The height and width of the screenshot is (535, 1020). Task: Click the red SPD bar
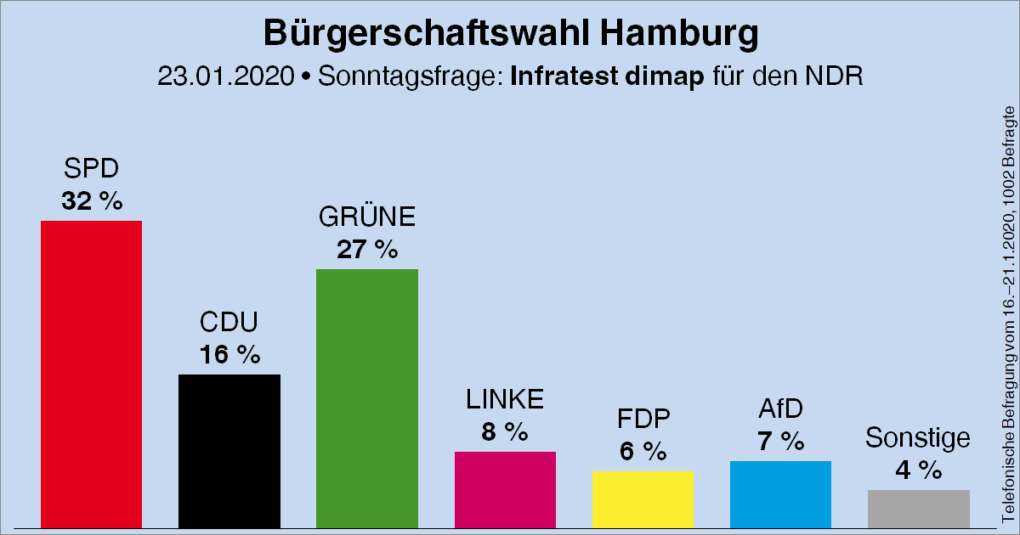92,374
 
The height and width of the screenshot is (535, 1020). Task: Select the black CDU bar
229,450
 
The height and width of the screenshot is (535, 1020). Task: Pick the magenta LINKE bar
505,488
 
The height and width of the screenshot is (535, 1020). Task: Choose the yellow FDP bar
643,498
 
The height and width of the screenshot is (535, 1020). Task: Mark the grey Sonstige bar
918,508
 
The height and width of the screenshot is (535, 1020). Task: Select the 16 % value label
229,355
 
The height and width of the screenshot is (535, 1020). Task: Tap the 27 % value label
367,250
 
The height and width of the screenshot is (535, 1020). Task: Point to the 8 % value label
505,432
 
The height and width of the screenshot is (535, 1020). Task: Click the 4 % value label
918,470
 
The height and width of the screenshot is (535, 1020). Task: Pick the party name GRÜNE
367,218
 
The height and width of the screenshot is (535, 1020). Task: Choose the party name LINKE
505,399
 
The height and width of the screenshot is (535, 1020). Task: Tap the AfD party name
780,409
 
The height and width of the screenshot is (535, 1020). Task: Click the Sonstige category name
918,438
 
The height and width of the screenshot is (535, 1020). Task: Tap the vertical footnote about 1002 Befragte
1008,314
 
